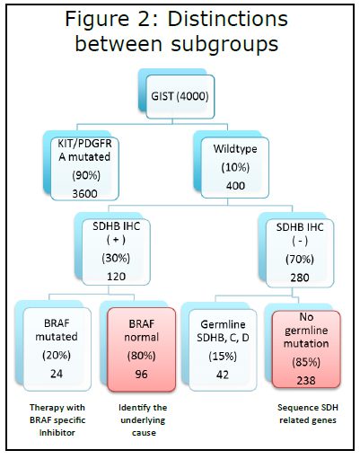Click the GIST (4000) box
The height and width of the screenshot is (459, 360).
click(180, 96)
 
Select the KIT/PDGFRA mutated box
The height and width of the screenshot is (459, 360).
click(84, 169)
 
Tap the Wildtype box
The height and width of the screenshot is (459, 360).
click(235, 168)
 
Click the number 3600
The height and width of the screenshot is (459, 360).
click(84, 193)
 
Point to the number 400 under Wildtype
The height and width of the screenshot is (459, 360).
click(235, 186)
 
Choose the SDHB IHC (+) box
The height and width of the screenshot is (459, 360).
click(116, 252)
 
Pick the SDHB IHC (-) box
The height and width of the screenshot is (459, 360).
click(300, 253)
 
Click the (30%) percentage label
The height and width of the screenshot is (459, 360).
click(116, 258)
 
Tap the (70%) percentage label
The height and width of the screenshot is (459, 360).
click(300, 260)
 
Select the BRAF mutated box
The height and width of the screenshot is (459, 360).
click(57, 349)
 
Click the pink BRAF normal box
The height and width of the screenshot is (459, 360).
click(141, 349)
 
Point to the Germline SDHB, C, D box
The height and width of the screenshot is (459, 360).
click(223, 350)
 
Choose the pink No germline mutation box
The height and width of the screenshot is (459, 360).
click(306, 349)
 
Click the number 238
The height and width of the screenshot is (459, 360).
click(306, 381)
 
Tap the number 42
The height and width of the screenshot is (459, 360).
click(223, 375)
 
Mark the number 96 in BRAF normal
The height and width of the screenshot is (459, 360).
click(141, 375)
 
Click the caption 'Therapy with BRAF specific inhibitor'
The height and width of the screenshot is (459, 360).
click(57, 420)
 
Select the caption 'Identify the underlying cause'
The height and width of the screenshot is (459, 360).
click(143, 420)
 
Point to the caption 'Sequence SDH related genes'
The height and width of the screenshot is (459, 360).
click(308, 414)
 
